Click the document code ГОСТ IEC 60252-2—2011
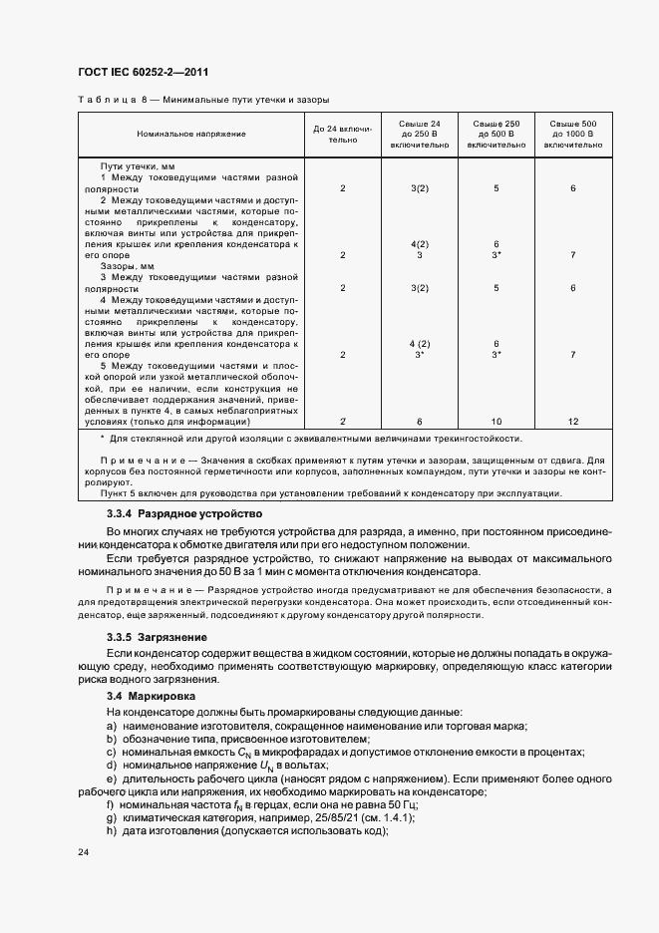143,72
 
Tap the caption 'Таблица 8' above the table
109,101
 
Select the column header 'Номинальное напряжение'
191,133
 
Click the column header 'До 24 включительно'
342,134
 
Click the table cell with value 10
495,422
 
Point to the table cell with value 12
573,422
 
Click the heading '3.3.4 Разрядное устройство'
184,513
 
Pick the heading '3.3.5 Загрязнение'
157,636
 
